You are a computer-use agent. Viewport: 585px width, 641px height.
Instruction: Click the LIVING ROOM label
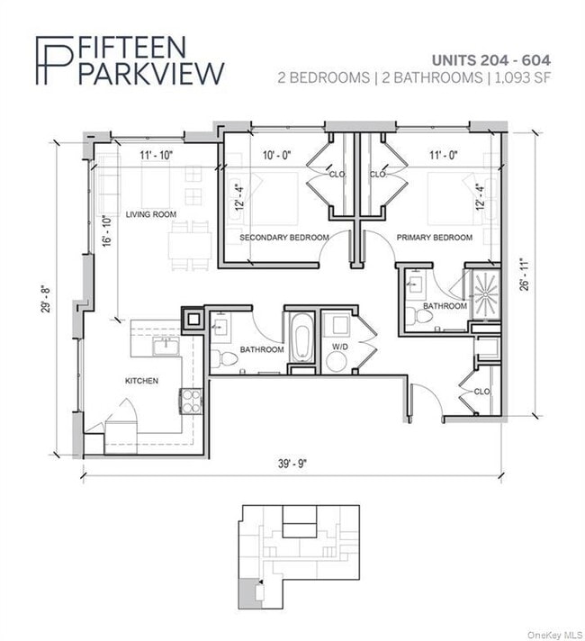click(x=151, y=214)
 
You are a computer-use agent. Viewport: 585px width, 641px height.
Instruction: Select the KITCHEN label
click(x=141, y=381)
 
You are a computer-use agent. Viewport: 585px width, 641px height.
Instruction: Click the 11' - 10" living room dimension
click(x=157, y=156)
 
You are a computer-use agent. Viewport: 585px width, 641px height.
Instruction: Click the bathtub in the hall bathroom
click(x=301, y=339)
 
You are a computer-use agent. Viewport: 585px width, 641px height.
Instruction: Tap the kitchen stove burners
click(x=191, y=399)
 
